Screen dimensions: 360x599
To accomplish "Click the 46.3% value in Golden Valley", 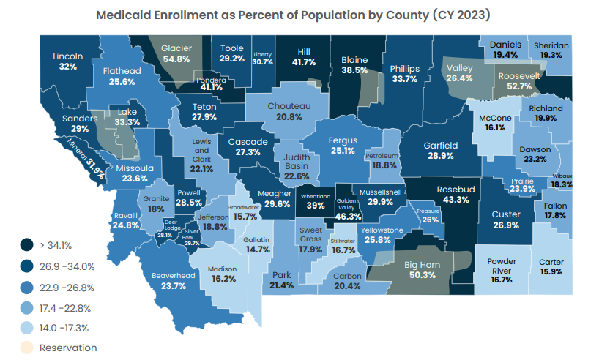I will coord(349,217).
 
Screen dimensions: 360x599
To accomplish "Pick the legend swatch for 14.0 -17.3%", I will coord(27,327).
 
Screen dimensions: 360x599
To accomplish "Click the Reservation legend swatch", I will coord(27,348).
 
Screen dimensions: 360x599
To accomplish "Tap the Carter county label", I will coord(551,262).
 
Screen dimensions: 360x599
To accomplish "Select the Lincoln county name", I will coord(68,56).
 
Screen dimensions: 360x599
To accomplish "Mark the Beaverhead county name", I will coord(173,275).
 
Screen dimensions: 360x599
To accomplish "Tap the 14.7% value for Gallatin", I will coord(257,250).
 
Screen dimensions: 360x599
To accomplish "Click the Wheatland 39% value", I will coord(316,206).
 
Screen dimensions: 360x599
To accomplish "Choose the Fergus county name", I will coord(342,140).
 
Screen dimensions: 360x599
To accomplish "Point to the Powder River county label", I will coord(502,266).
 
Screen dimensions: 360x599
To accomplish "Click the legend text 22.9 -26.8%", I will coord(67,287).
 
